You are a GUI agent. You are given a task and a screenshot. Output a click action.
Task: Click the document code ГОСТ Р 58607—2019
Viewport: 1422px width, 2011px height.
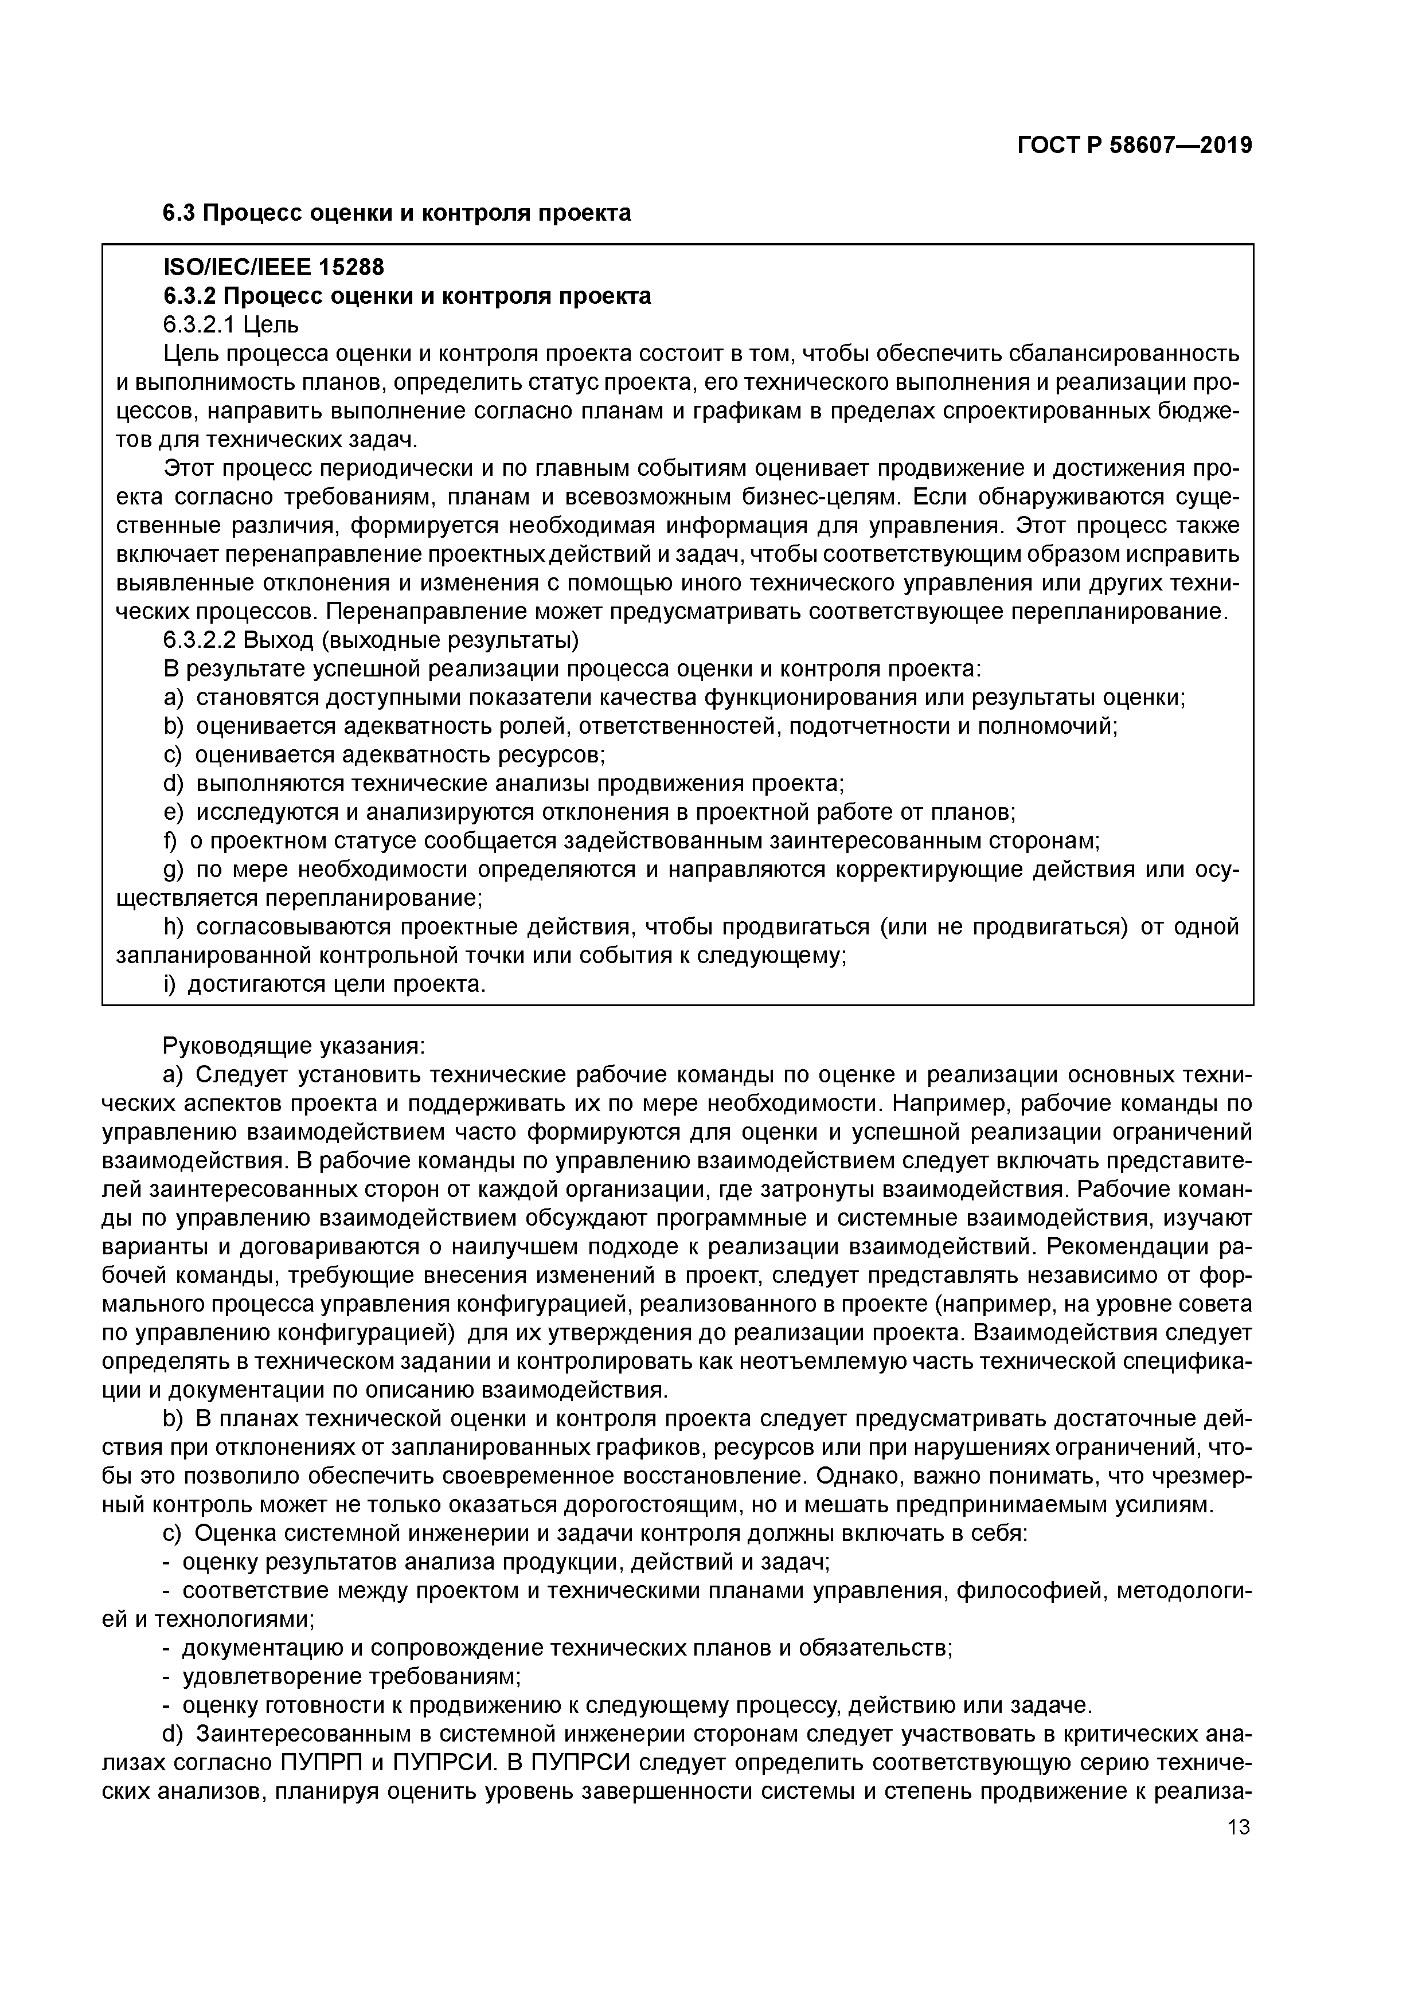click(x=1134, y=146)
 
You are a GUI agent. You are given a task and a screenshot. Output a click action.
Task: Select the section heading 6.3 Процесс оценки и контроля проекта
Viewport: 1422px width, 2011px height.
click(x=396, y=213)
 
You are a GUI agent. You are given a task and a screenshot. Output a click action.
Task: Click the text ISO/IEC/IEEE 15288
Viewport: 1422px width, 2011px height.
click(x=274, y=267)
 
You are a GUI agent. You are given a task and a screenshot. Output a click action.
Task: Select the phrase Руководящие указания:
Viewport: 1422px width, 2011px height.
click(x=294, y=1047)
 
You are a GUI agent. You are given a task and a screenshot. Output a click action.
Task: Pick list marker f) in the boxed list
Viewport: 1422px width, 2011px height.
click(x=170, y=841)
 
